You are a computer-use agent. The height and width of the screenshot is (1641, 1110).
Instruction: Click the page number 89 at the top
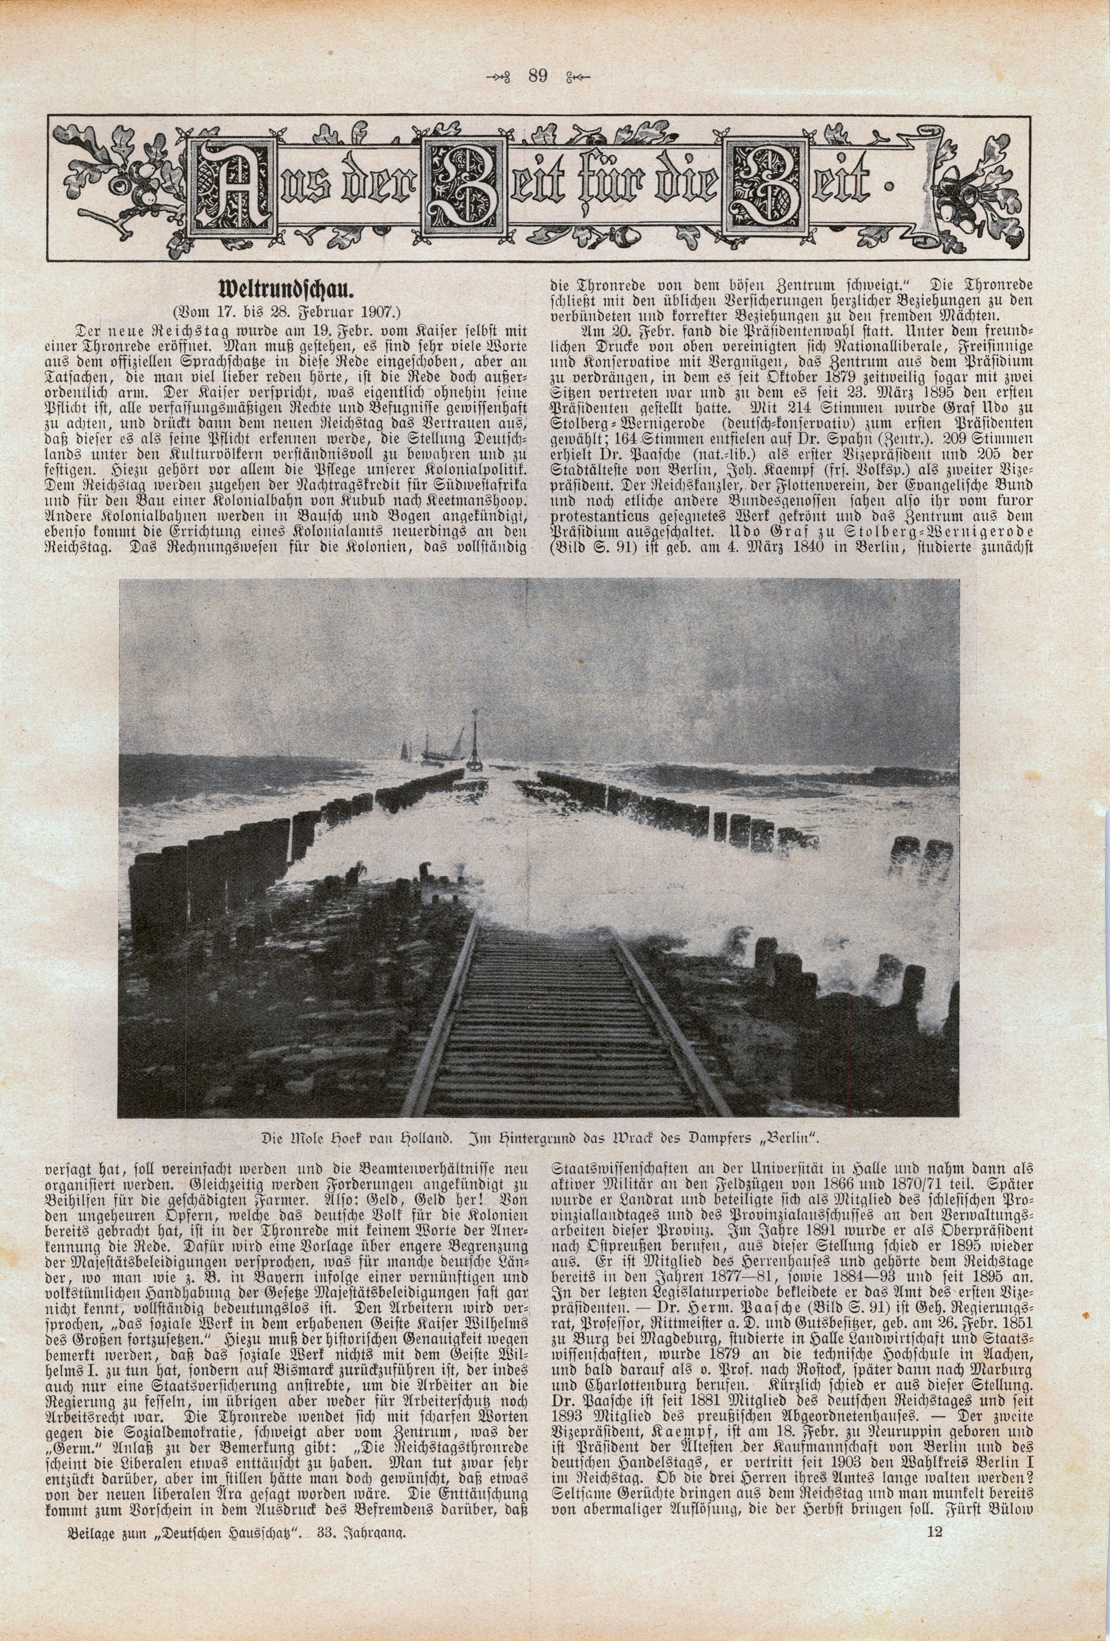pyautogui.click(x=537, y=76)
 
